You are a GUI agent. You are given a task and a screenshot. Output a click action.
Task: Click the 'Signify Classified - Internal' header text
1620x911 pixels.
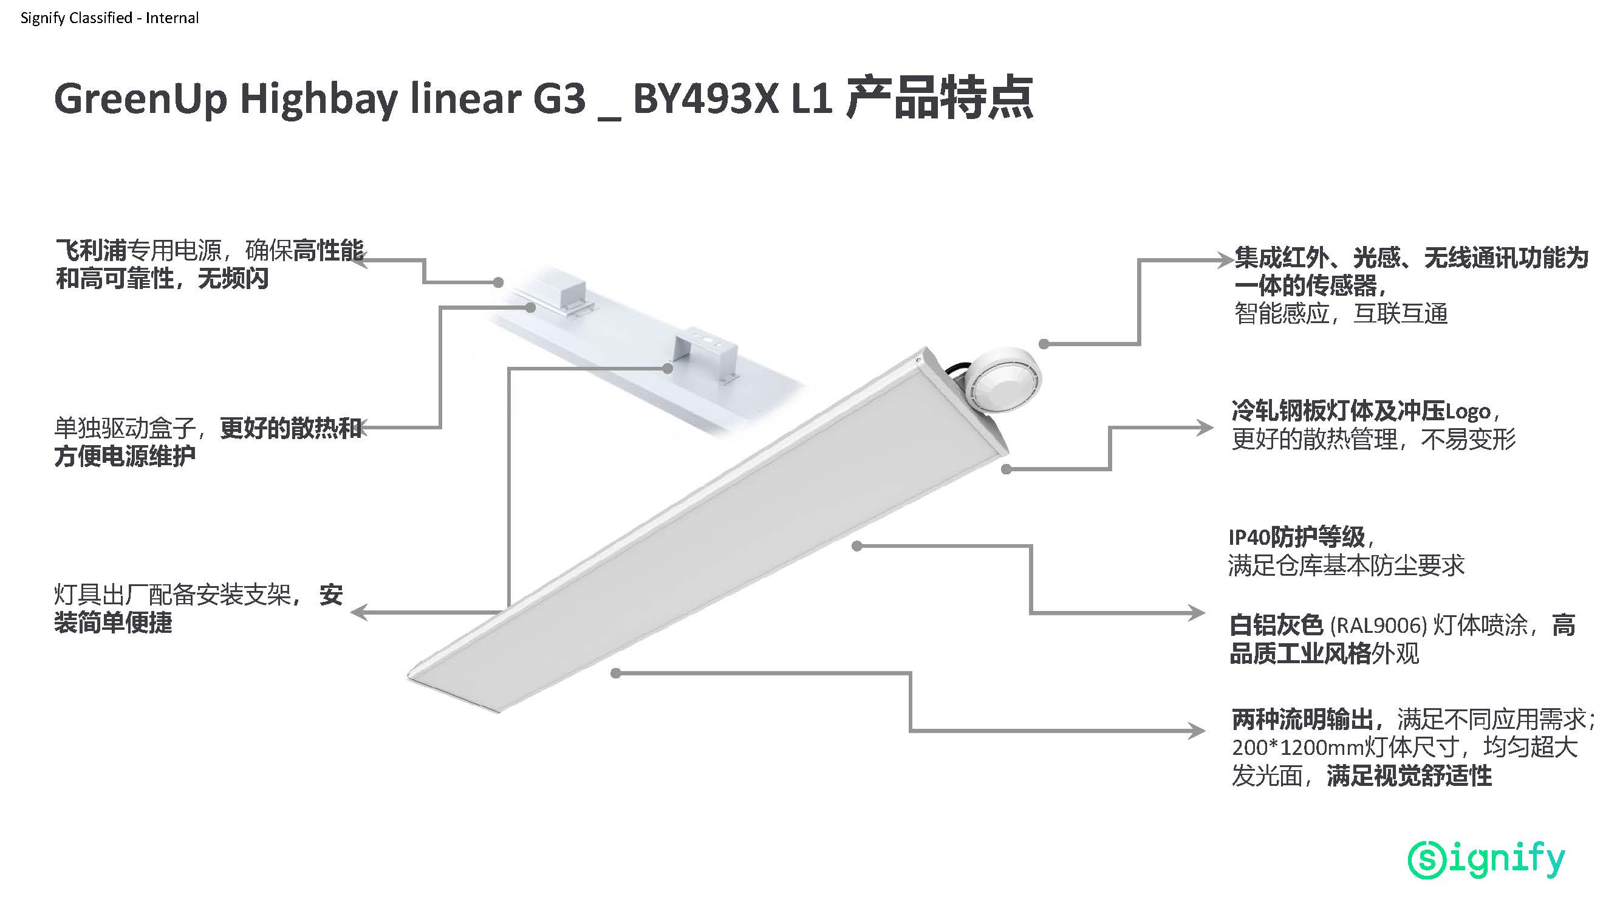click(109, 18)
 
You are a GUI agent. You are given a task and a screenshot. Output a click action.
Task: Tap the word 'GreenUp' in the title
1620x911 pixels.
click(140, 99)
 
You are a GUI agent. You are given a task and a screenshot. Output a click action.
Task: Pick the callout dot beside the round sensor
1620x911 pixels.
click(1044, 344)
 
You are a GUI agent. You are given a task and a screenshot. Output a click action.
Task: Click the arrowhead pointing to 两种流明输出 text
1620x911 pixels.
click(1197, 731)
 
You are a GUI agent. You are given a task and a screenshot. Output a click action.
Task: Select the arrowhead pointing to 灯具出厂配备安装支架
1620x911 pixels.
click(359, 612)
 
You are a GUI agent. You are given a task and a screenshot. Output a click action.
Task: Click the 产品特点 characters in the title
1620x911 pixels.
click(940, 99)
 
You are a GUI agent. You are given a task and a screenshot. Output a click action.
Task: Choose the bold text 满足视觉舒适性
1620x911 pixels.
click(1409, 776)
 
